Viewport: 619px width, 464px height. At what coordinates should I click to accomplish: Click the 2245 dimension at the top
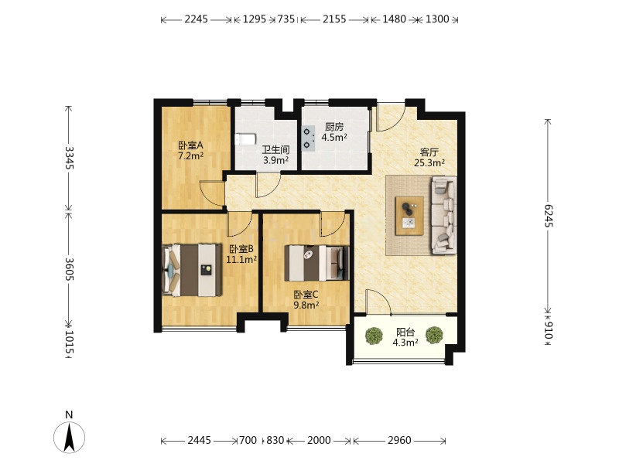click(x=196, y=19)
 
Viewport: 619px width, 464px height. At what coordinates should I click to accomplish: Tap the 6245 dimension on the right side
click(x=549, y=216)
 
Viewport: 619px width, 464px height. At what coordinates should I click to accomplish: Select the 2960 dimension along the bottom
click(x=399, y=440)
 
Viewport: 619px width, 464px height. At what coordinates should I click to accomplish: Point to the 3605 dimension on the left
click(x=70, y=269)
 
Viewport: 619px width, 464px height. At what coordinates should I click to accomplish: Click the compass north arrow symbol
click(x=70, y=437)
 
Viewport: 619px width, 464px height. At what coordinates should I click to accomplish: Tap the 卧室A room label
click(x=190, y=145)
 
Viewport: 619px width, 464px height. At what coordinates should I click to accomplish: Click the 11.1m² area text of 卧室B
click(x=241, y=259)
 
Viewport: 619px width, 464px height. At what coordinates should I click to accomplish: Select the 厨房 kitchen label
click(x=334, y=127)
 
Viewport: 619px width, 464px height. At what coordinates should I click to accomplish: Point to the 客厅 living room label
click(x=429, y=152)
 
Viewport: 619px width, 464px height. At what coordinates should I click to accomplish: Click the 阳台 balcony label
click(x=405, y=333)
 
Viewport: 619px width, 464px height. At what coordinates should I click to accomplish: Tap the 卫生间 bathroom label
click(x=276, y=150)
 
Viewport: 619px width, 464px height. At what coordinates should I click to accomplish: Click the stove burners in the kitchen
click(x=308, y=138)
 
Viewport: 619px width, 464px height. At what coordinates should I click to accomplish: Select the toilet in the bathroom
click(x=245, y=140)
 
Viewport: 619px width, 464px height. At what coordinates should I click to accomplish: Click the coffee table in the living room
click(x=409, y=216)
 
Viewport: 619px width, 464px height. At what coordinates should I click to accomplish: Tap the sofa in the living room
click(x=443, y=215)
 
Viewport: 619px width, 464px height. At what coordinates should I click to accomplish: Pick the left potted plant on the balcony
click(x=374, y=336)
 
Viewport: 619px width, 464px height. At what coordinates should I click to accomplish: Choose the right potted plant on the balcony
click(x=434, y=335)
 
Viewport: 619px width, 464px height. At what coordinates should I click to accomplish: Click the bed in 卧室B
click(x=192, y=270)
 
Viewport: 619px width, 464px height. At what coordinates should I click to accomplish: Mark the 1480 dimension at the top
click(x=394, y=19)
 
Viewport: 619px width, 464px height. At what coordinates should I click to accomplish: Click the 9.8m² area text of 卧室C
click(x=306, y=305)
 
